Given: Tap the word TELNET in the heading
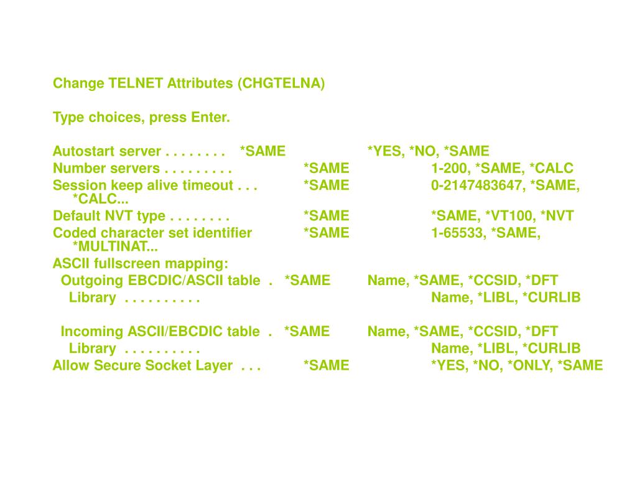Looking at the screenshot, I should click(136, 83).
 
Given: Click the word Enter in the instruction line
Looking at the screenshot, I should click(210, 117).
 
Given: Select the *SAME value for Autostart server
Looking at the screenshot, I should click(263, 151).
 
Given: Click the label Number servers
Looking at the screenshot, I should click(106, 168).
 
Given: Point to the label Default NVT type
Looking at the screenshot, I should click(109, 216).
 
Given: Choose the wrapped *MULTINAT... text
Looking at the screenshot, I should click(115, 247).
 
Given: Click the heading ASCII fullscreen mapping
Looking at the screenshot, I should click(141, 263).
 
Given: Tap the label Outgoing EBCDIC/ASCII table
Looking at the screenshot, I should click(160, 280).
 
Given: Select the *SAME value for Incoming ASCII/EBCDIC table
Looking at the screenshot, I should click(307, 331).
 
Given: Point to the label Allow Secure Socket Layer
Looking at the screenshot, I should click(142, 365).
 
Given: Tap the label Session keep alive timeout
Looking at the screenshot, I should click(142, 185).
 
